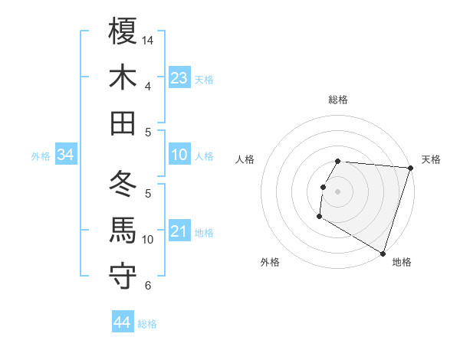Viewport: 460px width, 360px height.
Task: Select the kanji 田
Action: coord(123,123)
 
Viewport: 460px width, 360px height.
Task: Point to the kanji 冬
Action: coord(123,184)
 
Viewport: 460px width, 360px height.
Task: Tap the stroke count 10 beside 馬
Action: coord(149,239)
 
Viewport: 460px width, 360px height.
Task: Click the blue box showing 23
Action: coord(179,78)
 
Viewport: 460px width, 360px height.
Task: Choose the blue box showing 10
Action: coord(179,155)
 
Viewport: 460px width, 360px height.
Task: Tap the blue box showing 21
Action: coord(179,231)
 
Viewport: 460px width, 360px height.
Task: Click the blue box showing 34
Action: coord(66,155)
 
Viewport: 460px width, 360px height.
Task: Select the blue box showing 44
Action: coord(122,323)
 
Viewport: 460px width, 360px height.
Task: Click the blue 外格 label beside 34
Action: coord(41,156)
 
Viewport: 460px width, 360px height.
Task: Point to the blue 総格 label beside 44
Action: coord(147,324)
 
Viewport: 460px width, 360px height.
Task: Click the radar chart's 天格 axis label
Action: coord(431,159)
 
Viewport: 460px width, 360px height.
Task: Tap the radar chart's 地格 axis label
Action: coord(402,262)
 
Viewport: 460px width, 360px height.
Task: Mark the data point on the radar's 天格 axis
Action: coord(410,168)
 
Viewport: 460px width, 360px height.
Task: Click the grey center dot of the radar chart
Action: coord(337,191)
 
